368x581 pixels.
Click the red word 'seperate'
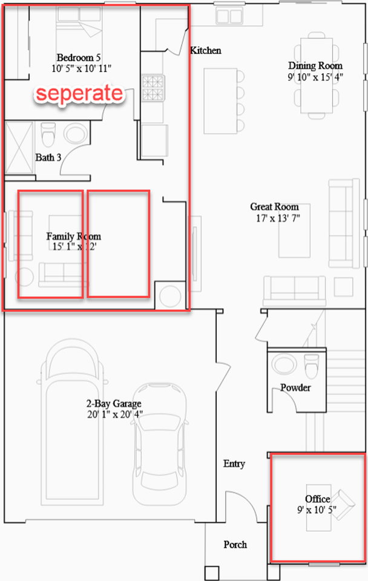(79, 93)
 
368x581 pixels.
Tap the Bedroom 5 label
(78, 57)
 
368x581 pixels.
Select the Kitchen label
(206, 51)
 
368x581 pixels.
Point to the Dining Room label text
(315, 66)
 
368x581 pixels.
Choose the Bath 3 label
(48, 157)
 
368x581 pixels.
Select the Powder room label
(295, 387)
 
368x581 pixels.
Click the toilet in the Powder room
(312, 366)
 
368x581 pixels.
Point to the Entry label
(234, 464)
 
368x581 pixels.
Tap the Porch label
(235, 545)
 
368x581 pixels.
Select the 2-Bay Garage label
(115, 404)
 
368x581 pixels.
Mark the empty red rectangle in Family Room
(118, 244)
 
